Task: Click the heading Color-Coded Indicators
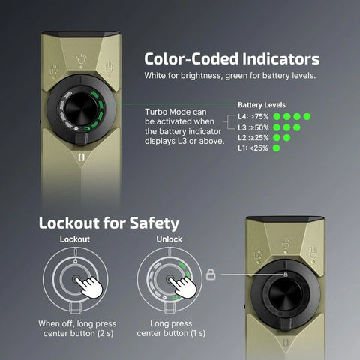[232, 58]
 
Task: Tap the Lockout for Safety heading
[108, 223]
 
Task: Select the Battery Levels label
[262, 105]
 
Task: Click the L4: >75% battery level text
[252, 117]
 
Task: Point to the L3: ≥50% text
[252, 127]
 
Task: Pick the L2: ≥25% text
[252, 138]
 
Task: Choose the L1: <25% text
[252, 148]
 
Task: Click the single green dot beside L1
[277, 148]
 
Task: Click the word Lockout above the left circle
[74, 239]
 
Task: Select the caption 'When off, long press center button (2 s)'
[74, 328]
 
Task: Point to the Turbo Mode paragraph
[184, 123]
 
